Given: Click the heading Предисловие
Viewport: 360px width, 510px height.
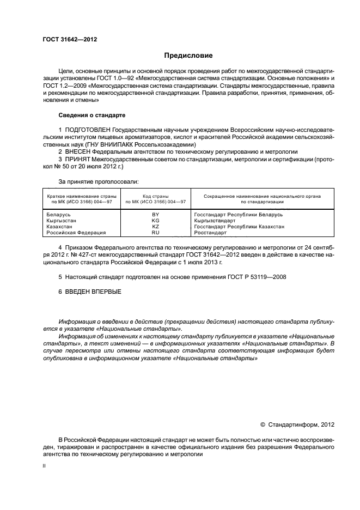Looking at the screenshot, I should tap(188, 56).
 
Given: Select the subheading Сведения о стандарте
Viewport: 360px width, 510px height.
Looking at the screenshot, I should tap(91, 116).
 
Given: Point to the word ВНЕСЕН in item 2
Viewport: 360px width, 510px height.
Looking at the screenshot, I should tap(79, 151).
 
